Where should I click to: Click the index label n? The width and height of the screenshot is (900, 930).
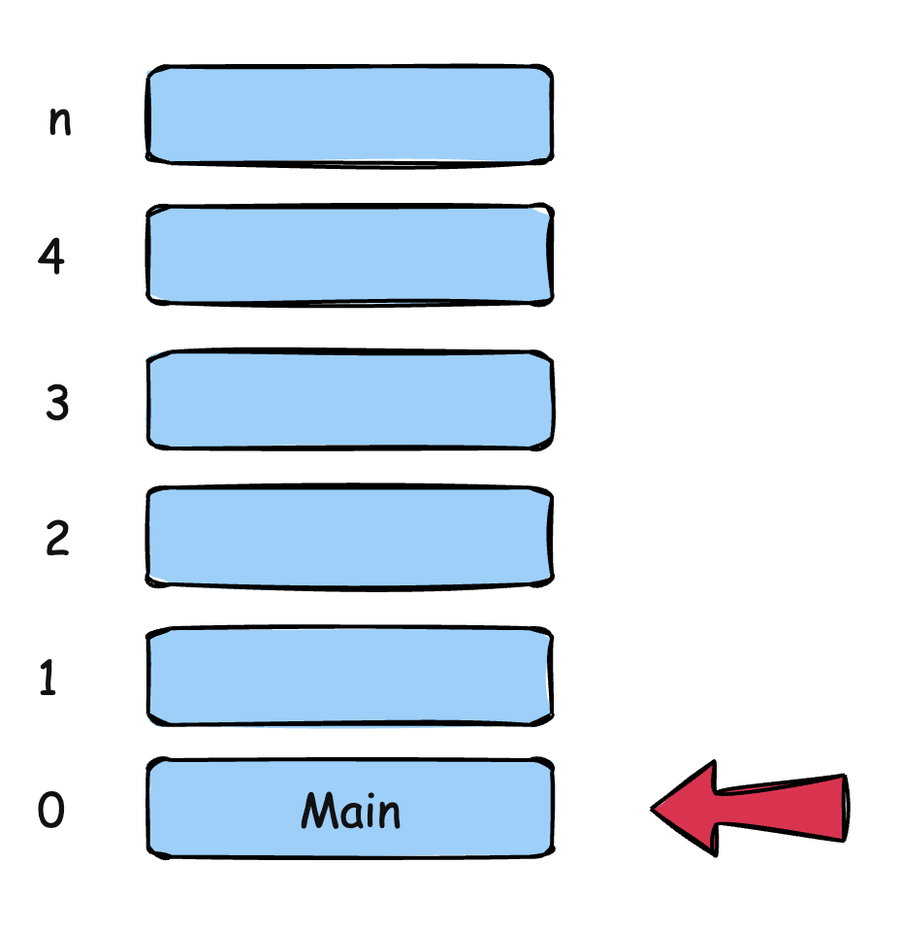click(x=60, y=123)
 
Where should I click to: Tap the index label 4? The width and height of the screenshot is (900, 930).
click(x=52, y=256)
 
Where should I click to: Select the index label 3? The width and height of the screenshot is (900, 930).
click(x=57, y=402)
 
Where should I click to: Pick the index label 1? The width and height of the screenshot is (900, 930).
click(x=48, y=680)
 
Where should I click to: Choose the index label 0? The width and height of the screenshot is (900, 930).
click(x=51, y=811)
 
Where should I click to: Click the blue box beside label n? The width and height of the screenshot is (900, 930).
click(x=350, y=115)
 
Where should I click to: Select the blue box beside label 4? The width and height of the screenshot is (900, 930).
click(x=350, y=254)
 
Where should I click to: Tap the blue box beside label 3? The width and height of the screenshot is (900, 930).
click(x=350, y=400)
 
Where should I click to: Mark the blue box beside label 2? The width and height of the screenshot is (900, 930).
click(x=350, y=537)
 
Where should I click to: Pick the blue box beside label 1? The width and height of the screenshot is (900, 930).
click(x=350, y=677)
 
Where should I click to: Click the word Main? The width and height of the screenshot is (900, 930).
click(x=350, y=811)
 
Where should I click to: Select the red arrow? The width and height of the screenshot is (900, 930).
click(x=766, y=808)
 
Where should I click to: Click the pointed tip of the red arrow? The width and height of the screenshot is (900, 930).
click(x=652, y=808)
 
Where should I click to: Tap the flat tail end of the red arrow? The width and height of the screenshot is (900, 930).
click(x=846, y=807)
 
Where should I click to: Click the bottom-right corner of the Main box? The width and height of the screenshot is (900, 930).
click(x=550, y=854)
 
